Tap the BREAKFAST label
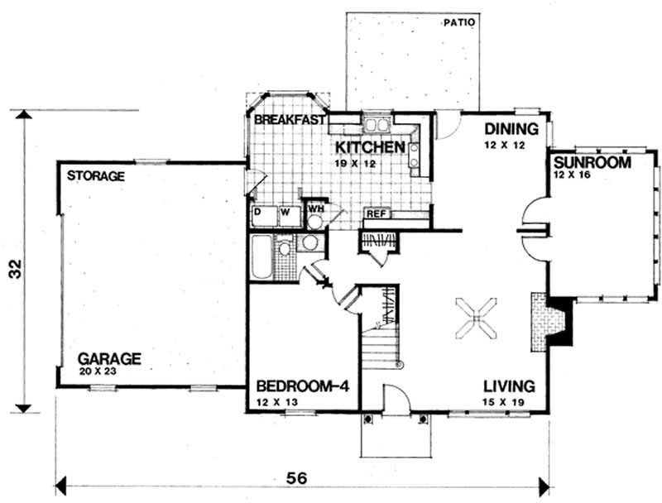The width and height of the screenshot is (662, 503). (289, 121)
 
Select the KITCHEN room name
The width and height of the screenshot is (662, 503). (369, 147)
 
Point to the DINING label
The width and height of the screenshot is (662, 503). (511, 129)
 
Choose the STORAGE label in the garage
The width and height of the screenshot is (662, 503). (95, 176)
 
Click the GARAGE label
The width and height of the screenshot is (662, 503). (109, 359)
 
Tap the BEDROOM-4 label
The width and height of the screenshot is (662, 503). (301, 387)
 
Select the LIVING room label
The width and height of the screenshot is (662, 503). (509, 387)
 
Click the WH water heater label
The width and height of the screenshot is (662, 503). (315, 208)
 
